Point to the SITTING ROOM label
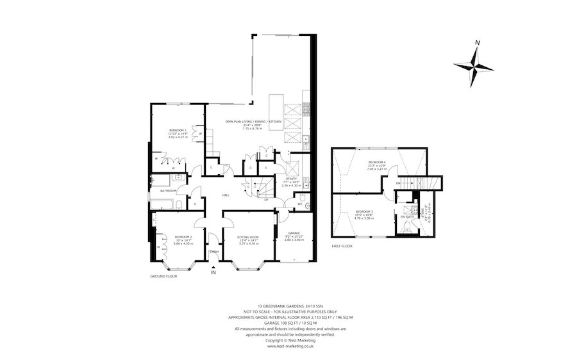point(248,237)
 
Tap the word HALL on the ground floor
point(226,195)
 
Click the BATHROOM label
point(168,190)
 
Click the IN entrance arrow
point(213,271)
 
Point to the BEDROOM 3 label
point(364,211)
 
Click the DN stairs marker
point(398,183)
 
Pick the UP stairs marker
point(266,199)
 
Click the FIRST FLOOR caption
point(343,244)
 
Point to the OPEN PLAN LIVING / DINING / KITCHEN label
point(253,121)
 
